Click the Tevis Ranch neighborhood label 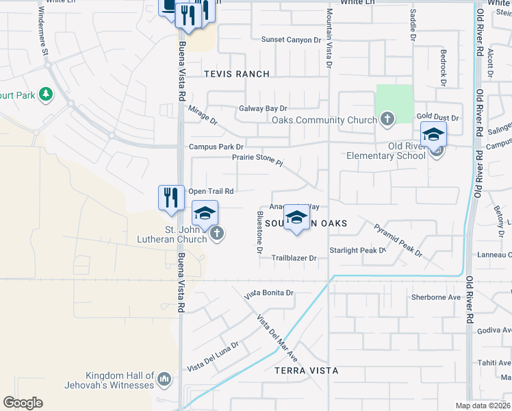click(235, 73)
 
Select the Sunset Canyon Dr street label click(291, 40)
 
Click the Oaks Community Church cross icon click(387, 120)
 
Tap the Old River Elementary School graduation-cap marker click(433, 135)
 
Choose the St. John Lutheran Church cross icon click(217, 234)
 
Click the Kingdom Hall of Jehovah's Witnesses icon click(164, 379)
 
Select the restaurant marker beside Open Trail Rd click(170, 198)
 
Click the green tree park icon click(46, 94)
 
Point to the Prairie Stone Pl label click(257, 157)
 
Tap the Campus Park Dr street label click(216, 147)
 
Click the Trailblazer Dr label click(294, 258)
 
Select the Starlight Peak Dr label click(358, 251)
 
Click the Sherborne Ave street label click(436, 297)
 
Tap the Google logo click(23, 403)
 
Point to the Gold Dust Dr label click(437, 118)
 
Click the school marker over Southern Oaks click(296, 218)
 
